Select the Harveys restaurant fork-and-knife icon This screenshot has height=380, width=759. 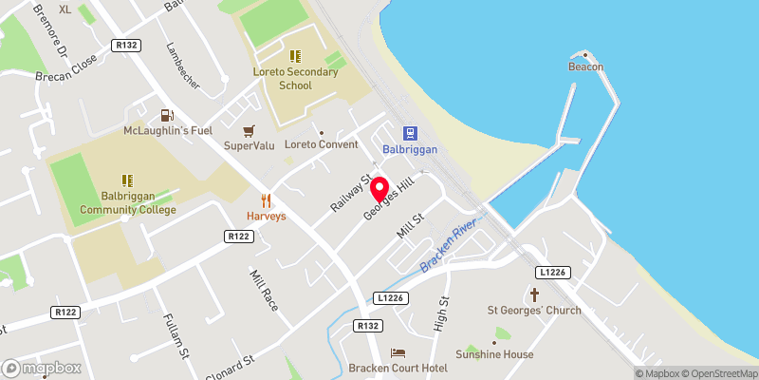coord(267,200)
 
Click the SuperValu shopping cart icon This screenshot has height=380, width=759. coord(249,130)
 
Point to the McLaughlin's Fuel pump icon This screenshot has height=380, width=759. coord(168,114)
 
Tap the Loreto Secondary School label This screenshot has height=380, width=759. coord(295,78)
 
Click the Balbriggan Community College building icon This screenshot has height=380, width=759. coord(127,180)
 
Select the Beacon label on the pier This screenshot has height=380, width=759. coord(585,66)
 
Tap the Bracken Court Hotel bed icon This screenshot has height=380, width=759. coord(397,353)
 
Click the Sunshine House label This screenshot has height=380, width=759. coord(493,354)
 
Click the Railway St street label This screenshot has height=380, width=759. coord(348,192)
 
